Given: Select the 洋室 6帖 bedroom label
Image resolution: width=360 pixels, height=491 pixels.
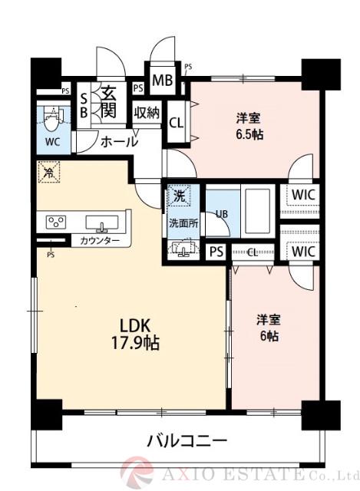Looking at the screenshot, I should coord(268,328).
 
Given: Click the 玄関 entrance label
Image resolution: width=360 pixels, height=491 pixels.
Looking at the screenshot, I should coord(108,103).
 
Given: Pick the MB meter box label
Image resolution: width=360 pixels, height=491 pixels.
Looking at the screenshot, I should coord(161,81).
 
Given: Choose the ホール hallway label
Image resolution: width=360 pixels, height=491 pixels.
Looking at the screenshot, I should coord(119,141).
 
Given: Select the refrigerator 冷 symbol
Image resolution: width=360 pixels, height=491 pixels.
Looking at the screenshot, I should coord(47,173).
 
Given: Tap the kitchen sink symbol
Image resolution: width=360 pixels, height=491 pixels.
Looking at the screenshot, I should coord(101,223).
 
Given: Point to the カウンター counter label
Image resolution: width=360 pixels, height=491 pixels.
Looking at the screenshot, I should coord(100,242).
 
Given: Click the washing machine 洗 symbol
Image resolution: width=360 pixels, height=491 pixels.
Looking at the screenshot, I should coord(178,196).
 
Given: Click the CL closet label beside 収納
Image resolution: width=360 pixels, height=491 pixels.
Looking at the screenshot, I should coord(176,121).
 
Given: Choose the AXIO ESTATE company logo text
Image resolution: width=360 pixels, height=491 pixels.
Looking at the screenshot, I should coord(254,473).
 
